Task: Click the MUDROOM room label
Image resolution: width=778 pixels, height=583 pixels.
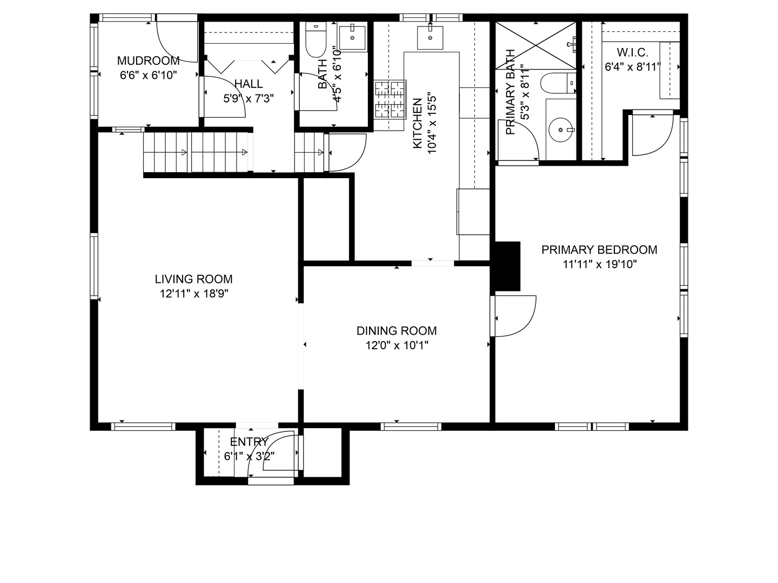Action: point(148,61)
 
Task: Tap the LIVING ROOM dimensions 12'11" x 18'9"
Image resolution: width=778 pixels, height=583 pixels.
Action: point(194,294)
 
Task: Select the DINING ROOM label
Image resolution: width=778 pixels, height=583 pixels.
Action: point(397,330)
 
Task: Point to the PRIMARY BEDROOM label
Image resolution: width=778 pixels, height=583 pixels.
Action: point(599,249)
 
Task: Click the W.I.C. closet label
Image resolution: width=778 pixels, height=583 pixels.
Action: point(633,52)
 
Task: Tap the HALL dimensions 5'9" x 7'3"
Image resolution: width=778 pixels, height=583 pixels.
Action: point(249,98)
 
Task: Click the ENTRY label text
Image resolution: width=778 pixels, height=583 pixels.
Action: point(249,442)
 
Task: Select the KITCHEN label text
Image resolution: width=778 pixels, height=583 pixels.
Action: point(418,123)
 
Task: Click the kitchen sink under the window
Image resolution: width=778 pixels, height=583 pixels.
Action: point(430,38)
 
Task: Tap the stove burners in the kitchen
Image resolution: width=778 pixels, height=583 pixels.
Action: point(390,99)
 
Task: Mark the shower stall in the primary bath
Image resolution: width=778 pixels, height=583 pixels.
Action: point(535,45)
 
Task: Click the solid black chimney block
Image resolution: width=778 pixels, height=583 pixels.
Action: point(507,266)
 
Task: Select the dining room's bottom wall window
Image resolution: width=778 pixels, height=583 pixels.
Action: point(411,426)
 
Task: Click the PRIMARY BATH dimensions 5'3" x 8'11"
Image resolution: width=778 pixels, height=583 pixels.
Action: point(525,92)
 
